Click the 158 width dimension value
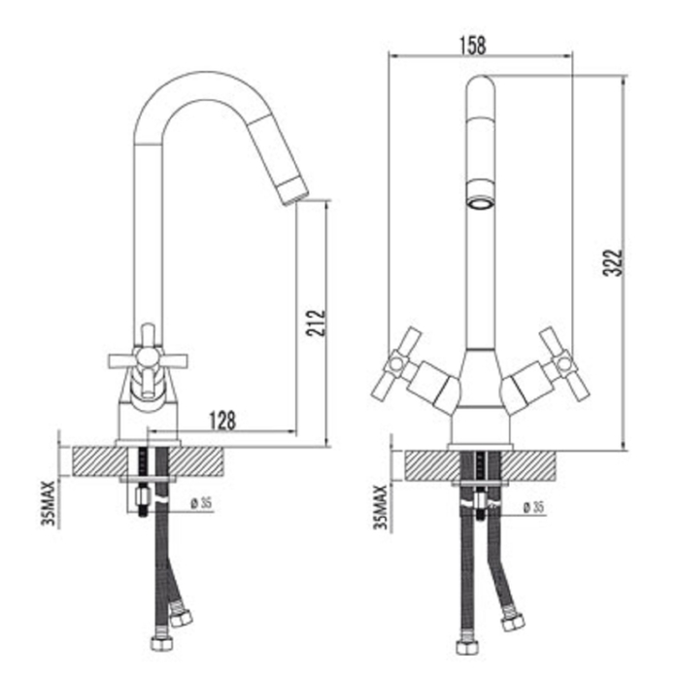coord(473,45)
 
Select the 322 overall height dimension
coord(613,262)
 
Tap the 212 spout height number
coord(316,323)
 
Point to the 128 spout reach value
coord(222,421)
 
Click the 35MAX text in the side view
coord(49,503)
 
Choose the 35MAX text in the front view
coord(381,507)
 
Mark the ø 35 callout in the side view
coord(201,503)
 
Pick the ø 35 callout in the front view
coord(533,507)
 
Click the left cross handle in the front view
coord(396,363)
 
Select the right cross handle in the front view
coord(563,363)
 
